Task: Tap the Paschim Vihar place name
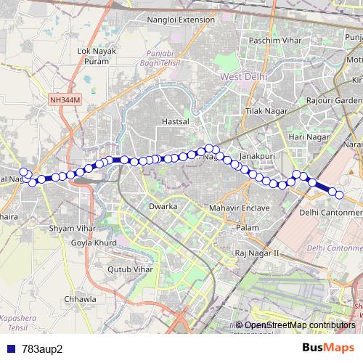274,41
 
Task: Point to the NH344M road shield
66,99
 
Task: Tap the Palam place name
248,228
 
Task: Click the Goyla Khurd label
91,242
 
